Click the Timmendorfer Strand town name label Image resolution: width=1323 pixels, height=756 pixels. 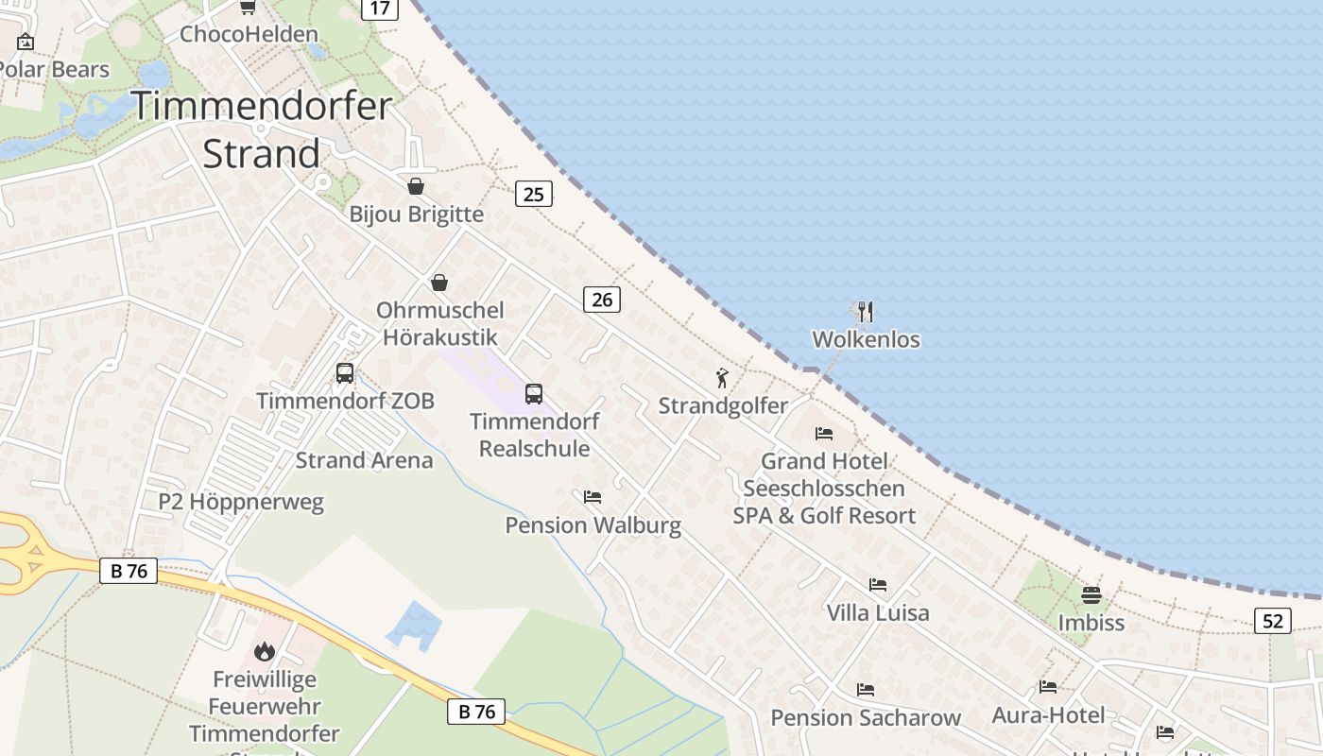click(x=261, y=129)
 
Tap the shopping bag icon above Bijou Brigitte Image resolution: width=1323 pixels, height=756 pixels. click(x=415, y=186)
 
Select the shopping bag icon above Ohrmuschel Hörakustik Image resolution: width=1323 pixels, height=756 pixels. click(x=439, y=283)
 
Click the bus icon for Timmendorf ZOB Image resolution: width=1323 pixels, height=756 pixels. click(x=345, y=373)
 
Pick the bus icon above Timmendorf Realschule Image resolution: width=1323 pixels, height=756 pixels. click(x=534, y=394)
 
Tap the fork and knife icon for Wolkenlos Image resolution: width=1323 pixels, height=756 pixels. click(x=866, y=312)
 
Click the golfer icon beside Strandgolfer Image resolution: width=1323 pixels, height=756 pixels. click(x=723, y=378)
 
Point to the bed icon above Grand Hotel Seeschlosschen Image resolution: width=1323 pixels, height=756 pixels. click(x=824, y=434)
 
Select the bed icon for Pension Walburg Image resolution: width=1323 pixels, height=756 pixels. click(x=593, y=496)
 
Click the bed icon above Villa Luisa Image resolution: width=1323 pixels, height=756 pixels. click(x=878, y=585)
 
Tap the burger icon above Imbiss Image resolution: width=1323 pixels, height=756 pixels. click(x=1091, y=595)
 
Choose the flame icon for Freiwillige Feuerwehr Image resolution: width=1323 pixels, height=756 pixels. click(x=264, y=651)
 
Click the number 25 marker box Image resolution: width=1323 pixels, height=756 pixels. click(x=534, y=195)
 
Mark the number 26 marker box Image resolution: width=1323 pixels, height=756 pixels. click(x=602, y=300)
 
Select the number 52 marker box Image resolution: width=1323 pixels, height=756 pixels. click(x=1273, y=621)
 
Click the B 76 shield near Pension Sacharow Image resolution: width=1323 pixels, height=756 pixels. click(x=476, y=712)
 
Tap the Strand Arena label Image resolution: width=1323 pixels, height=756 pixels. click(x=364, y=460)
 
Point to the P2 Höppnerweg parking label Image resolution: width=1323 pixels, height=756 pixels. click(x=241, y=502)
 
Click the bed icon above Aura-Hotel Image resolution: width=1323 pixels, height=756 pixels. click(x=1048, y=687)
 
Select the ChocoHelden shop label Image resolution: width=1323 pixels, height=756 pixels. click(x=249, y=34)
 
